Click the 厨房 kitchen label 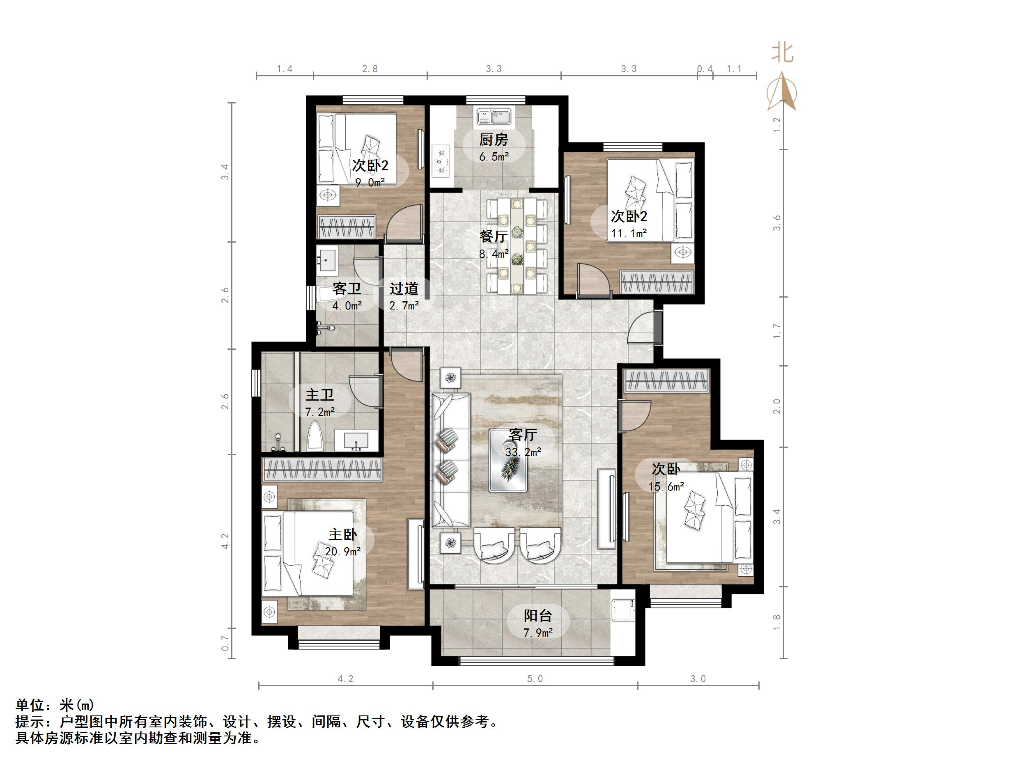click(494, 140)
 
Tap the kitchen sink click(494, 117)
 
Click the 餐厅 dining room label click(494, 236)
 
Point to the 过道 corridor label click(404, 289)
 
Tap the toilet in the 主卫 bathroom click(315, 436)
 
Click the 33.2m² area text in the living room click(523, 452)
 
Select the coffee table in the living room click(508, 461)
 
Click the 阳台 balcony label click(538, 616)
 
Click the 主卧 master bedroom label click(342, 534)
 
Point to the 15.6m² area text click(666, 486)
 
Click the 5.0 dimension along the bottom click(535, 679)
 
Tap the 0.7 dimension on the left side click(225, 643)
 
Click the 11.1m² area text click(629, 234)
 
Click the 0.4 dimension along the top click(705, 69)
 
